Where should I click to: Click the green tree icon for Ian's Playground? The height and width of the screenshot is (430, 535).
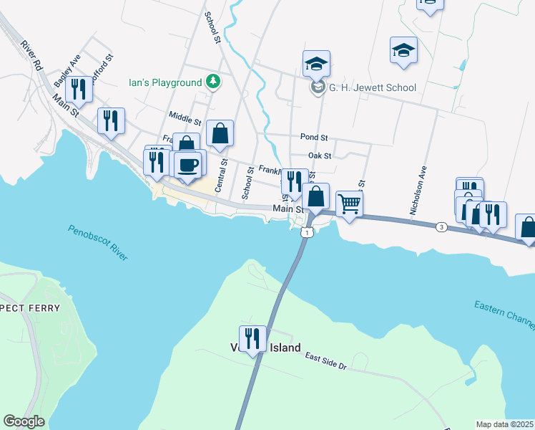(x=212, y=82)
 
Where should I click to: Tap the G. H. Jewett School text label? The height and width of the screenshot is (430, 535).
(x=372, y=88)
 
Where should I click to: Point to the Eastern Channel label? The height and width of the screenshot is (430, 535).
(x=504, y=315)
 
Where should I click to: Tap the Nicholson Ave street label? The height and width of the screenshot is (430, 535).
(x=418, y=193)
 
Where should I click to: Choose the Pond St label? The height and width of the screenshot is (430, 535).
(x=313, y=137)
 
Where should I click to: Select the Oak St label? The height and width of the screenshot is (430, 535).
(x=319, y=156)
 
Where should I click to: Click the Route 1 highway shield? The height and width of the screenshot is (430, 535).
(x=306, y=232)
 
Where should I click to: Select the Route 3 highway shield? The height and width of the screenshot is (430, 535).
(x=441, y=227)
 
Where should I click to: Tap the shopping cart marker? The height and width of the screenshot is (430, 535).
(x=349, y=203)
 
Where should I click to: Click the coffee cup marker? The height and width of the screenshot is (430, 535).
(x=189, y=165)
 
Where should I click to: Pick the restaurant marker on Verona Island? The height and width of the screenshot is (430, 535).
(x=252, y=338)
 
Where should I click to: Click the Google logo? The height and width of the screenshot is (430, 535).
(x=24, y=421)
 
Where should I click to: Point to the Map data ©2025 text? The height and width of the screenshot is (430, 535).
(x=505, y=424)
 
